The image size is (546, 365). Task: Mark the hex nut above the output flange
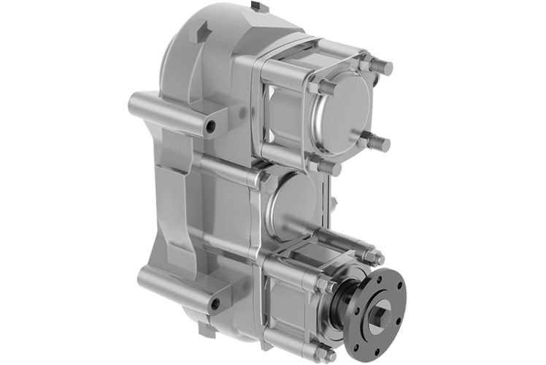[377, 257]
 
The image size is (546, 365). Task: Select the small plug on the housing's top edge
[255, 7]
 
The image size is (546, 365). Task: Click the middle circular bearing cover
[292, 206]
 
